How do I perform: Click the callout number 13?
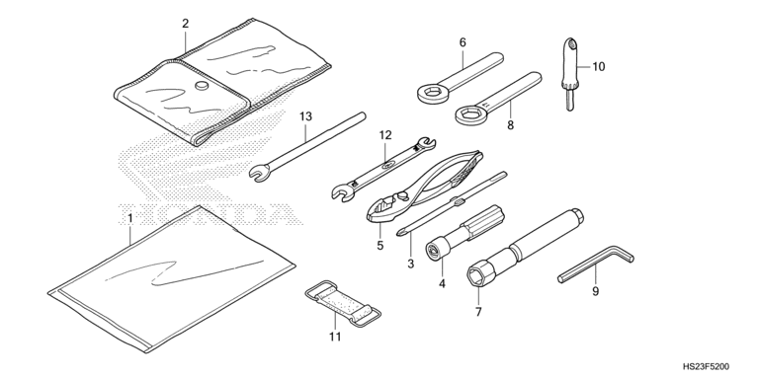[x=306, y=116]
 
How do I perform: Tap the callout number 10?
[x=599, y=67]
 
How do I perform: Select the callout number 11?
[x=335, y=337]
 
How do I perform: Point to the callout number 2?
[x=186, y=24]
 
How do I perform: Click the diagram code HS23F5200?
[x=706, y=367]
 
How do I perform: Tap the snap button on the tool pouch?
[x=202, y=86]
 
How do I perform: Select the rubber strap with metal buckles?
[x=343, y=304]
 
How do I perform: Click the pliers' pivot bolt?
[x=403, y=196]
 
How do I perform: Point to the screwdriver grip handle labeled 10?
[x=569, y=63]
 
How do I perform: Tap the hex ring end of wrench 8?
[x=470, y=114]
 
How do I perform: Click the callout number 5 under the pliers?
[x=379, y=246]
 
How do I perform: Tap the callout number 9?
[x=595, y=291]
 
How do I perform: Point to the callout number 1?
[x=129, y=218]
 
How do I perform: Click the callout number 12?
[x=385, y=135]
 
